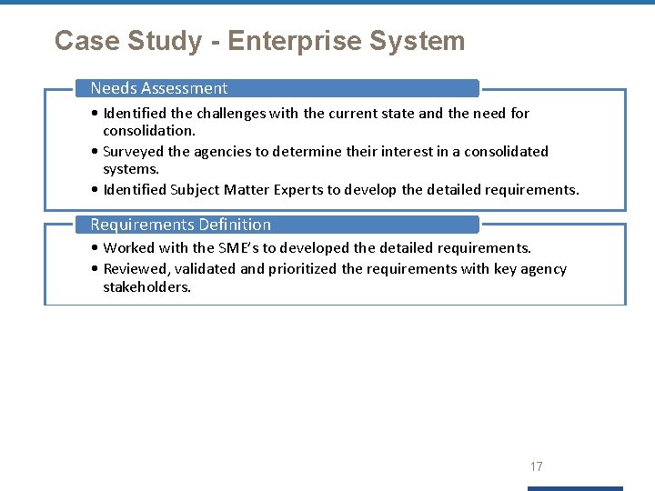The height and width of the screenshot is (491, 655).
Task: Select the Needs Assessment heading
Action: coord(159,88)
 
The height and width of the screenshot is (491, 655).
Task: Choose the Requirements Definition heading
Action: coord(180,225)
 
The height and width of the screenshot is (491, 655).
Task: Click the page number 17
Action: coord(537,466)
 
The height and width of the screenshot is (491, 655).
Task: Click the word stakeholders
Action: coord(146,287)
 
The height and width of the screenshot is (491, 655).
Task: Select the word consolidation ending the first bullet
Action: coord(148,131)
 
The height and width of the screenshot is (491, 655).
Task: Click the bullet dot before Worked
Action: coord(96,248)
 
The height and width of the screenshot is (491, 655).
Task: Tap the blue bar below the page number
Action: coord(577,488)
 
